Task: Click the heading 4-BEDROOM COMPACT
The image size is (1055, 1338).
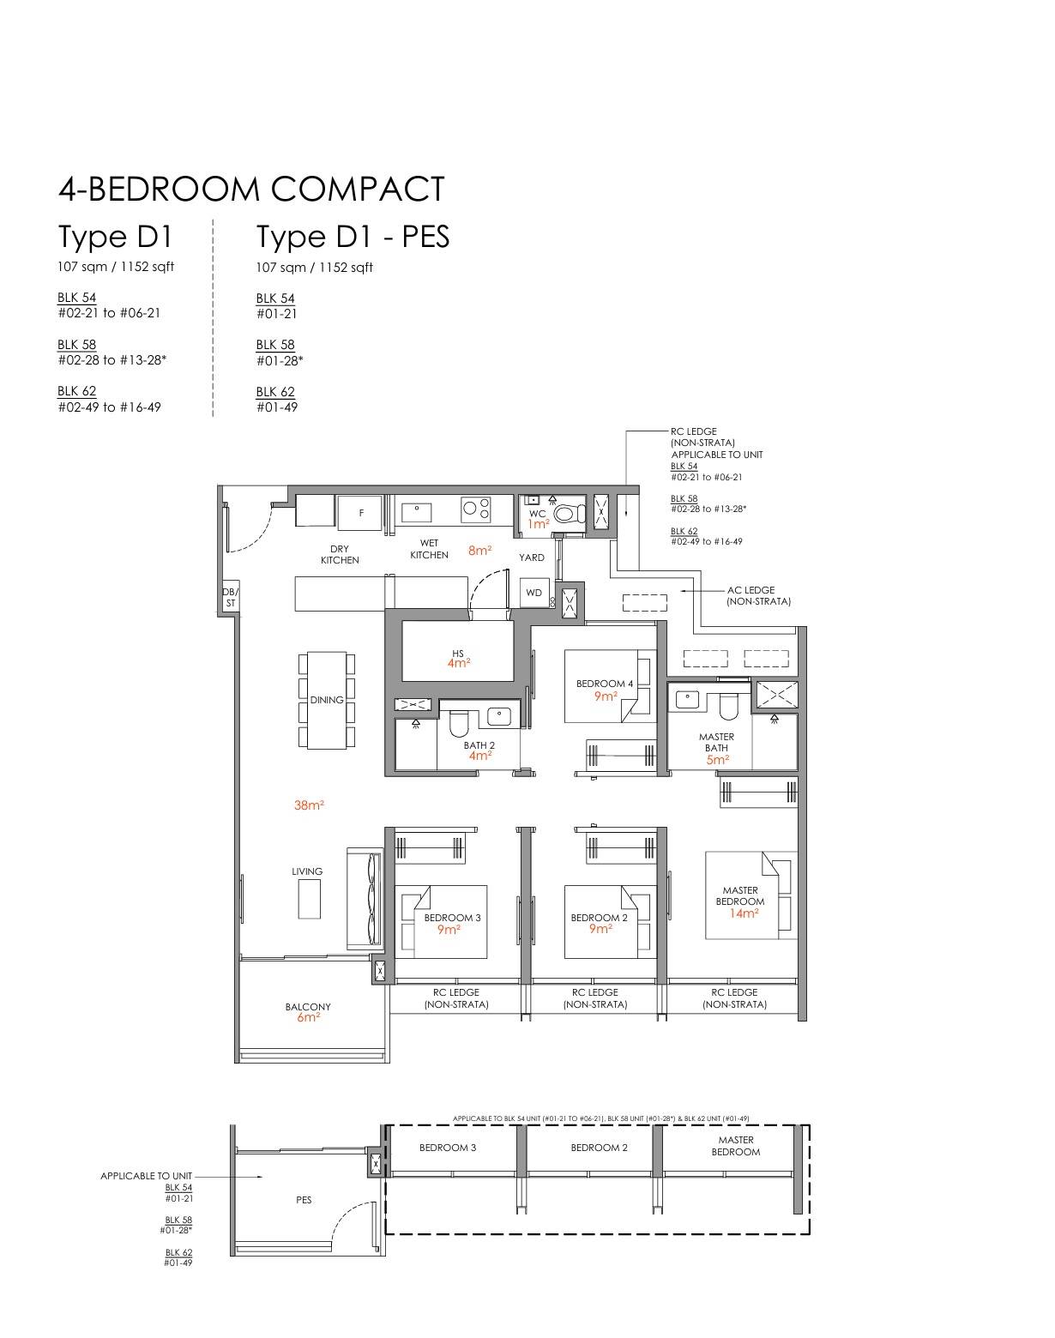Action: (252, 189)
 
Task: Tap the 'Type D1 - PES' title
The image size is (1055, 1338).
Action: (353, 237)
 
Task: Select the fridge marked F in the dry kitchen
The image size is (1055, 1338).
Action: (359, 513)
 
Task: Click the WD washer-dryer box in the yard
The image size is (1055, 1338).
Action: (534, 593)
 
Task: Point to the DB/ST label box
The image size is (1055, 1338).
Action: (231, 598)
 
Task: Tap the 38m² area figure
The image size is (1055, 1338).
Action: (309, 805)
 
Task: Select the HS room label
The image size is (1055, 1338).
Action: (458, 654)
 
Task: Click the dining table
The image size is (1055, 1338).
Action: (327, 700)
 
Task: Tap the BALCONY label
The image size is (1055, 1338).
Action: (308, 1007)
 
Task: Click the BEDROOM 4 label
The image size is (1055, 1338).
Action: (605, 684)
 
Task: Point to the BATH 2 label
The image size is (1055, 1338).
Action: (479, 744)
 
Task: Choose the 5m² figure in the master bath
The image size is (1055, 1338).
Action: (717, 760)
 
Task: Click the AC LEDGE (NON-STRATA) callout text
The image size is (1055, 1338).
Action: (758, 595)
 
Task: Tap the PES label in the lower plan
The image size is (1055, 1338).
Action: (304, 1200)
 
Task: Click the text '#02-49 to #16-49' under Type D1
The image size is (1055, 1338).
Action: (110, 407)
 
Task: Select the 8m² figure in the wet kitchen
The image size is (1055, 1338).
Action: (480, 551)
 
